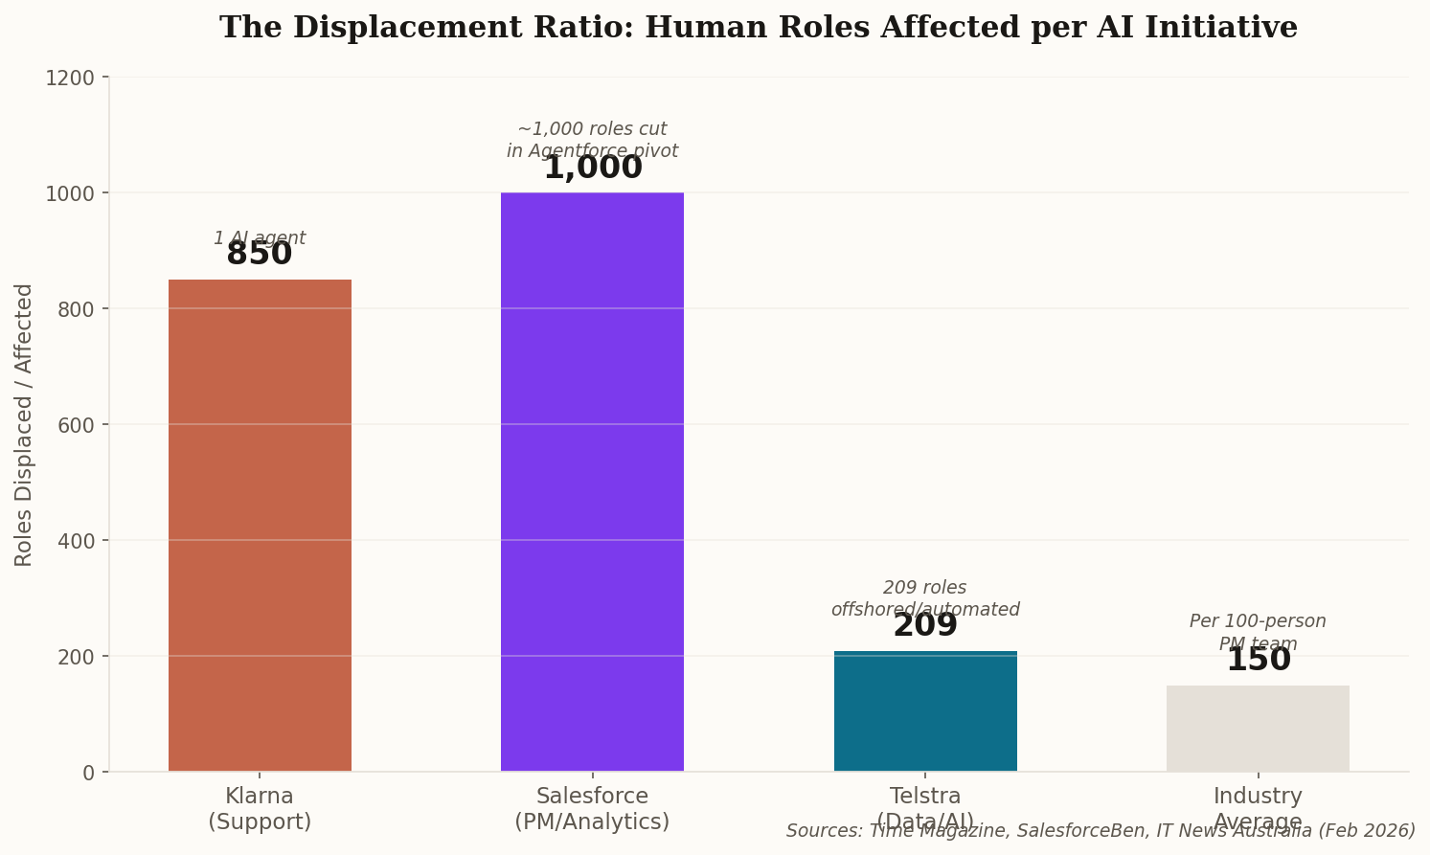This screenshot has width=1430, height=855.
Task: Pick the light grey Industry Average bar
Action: coord(1258,729)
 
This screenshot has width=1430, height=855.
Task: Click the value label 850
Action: coord(260,255)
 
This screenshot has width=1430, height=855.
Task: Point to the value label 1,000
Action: coord(592,169)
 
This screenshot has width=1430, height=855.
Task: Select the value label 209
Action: coord(925,626)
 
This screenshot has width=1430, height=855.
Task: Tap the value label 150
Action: coord(1258,661)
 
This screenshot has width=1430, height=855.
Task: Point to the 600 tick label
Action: coord(76,425)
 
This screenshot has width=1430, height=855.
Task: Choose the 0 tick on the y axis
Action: coord(89,773)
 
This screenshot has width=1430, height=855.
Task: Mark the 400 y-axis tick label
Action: coord(76,541)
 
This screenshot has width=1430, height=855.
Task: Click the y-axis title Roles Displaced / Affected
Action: coord(24,424)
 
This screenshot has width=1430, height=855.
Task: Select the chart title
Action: coord(758,28)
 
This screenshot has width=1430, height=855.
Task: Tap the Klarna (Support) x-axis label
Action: coord(260,809)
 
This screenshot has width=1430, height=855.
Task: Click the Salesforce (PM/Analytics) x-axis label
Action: coord(592,809)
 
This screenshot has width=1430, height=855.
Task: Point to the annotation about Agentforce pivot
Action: coord(592,140)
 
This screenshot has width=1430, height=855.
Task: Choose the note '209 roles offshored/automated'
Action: coord(925,598)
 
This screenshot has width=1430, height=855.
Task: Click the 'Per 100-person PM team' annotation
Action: coord(1258,632)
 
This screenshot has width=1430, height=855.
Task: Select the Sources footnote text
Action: coord(1101,831)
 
